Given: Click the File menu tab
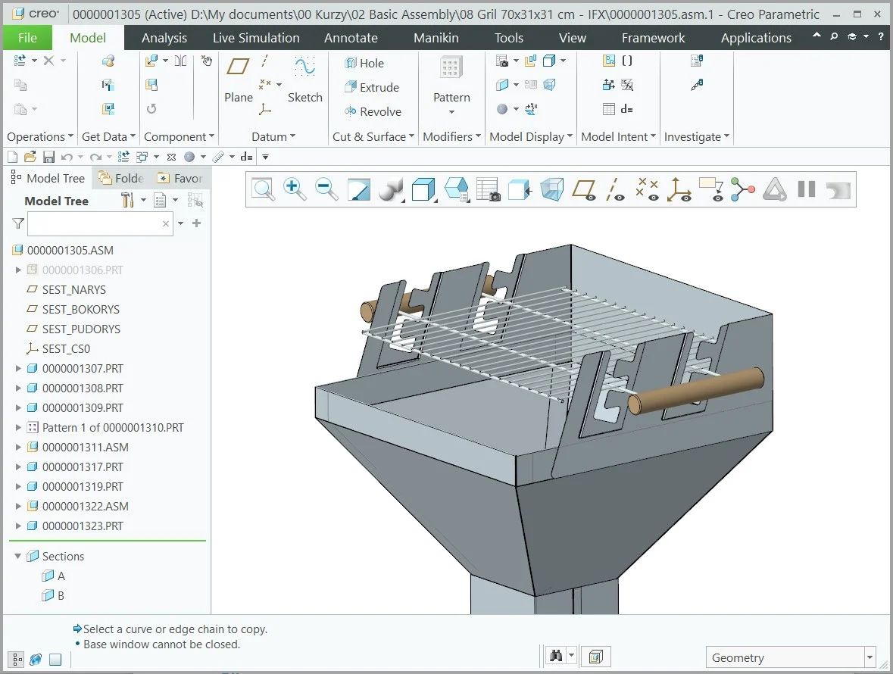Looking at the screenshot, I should pos(27,38).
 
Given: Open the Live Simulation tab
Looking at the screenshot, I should pos(256,38).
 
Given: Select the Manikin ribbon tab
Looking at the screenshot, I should pos(436,38).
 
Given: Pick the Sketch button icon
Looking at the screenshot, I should pos(304,68).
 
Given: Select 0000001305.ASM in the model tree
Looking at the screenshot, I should pos(70,250).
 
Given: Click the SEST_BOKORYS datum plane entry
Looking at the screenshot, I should pos(80,309).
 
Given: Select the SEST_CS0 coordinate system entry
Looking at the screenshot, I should pos(66,348).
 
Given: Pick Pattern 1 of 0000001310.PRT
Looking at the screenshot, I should pos(113,427).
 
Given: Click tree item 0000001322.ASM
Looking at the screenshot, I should pos(85,506).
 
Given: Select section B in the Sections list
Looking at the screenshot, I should pos(61,595).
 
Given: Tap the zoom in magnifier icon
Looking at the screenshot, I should pos(295,189).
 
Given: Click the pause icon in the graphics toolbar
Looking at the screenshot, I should pos(806,189).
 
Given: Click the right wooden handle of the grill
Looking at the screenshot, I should pos(697,390).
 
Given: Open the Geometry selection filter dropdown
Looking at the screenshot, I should pos(870,657).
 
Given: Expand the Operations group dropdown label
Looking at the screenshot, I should pos(40,136).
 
